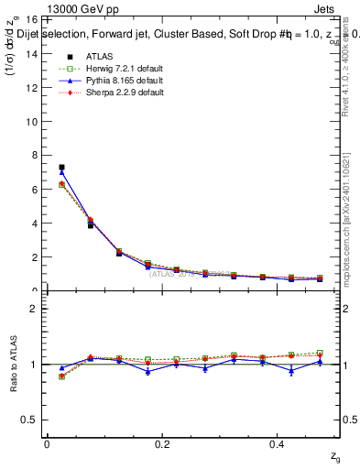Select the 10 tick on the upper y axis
coord(32,121)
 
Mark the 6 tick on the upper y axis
coord(32,189)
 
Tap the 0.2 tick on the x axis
coord(162,443)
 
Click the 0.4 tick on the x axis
coord(278,443)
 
